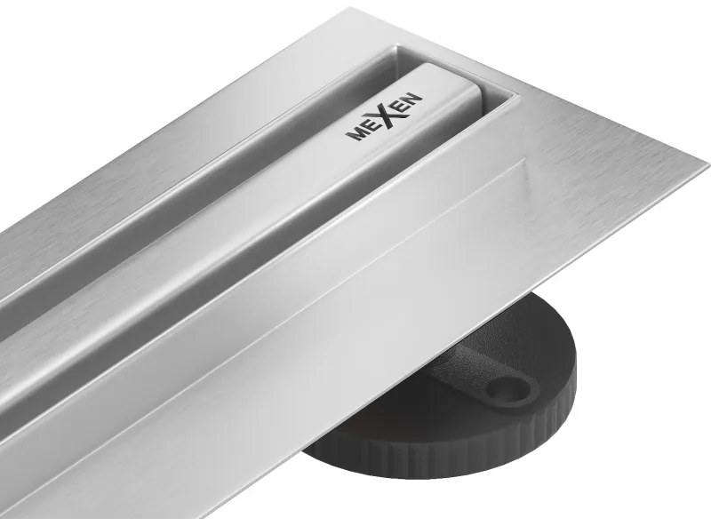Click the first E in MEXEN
[x=370, y=126]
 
